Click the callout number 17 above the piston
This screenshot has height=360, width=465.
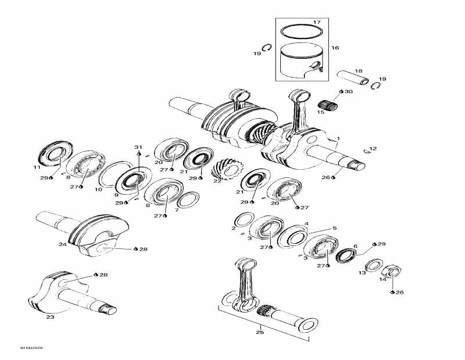coord(317,23)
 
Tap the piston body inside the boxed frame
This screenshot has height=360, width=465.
coord(302,60)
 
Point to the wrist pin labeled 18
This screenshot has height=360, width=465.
coord(354,78)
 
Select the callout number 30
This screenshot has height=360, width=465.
coord(349,92)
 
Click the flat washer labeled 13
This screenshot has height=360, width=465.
coord(373,265)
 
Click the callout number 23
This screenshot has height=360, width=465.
coord(50,318)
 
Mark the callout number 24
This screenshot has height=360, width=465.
coord(62,244)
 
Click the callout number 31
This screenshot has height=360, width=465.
coord(138,147)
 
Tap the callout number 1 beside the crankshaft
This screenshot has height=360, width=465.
coord(338,138)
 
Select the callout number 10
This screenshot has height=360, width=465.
coord(98,189)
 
